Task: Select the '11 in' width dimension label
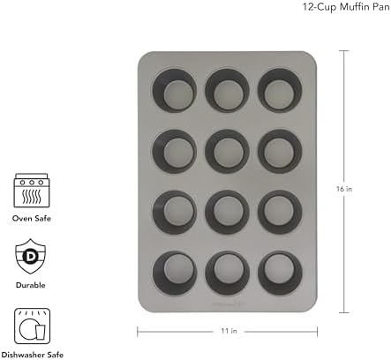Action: click(229, 331)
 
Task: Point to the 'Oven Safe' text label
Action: click(29, 219)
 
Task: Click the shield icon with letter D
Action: click(29, 257)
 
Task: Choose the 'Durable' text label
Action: click(29, 285)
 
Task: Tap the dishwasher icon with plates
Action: click(29, 324)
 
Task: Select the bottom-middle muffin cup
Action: click(224, 271)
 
